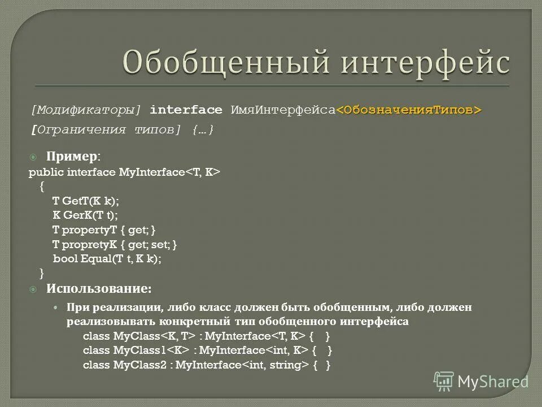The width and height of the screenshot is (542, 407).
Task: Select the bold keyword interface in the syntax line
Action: pos(186,110)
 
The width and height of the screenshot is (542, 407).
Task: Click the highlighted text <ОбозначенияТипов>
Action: pos(409,110)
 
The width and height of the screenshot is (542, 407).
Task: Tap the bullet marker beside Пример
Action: pos(33,156)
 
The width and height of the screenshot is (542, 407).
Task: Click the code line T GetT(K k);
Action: pos(86,201)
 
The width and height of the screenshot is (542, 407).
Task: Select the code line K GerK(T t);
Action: pos(85,215)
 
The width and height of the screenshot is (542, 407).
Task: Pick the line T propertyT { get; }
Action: pos(104,230)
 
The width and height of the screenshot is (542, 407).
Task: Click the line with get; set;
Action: pos(115,245)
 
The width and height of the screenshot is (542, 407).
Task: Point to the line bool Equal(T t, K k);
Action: pos(107,259)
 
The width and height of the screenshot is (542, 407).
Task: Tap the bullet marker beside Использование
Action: pos(33,289)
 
